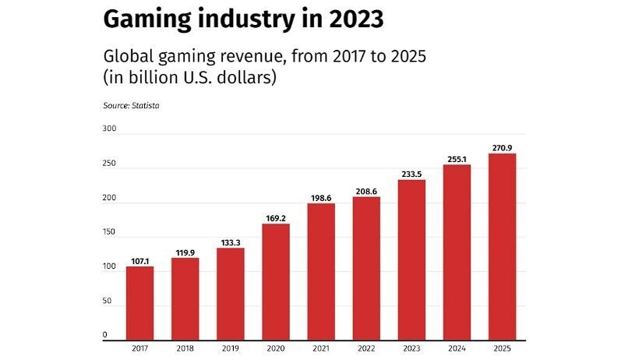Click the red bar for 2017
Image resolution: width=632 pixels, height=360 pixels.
coord(139,305)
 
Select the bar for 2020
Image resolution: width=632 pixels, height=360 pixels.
coord(275,283)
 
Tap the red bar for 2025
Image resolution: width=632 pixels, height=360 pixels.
coord(502,248)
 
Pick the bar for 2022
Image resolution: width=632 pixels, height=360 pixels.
coord(366,270)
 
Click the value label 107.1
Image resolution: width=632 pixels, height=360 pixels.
coord(139,260)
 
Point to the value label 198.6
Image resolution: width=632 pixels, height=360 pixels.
coord(320,198)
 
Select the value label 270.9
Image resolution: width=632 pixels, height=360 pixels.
coord(502,147)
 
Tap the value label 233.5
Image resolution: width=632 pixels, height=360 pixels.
coord(411,174)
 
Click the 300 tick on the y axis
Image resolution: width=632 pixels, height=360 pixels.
coord(109,129)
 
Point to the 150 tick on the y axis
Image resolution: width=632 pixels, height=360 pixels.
coord(109,232)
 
